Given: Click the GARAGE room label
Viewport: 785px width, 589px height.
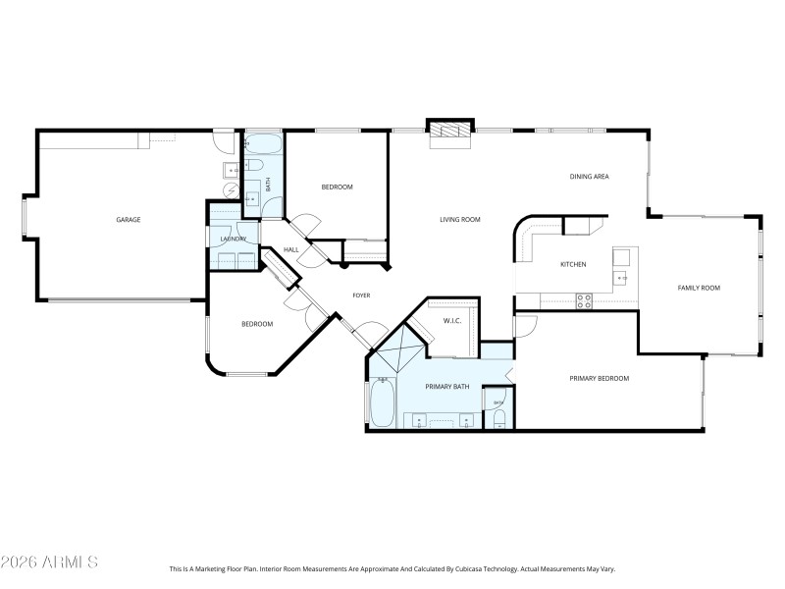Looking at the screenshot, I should [x=128, y=220].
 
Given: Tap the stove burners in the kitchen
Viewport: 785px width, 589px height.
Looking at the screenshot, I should [x=584, y=300].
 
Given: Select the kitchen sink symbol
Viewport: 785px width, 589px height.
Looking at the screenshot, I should [x=621, y=278].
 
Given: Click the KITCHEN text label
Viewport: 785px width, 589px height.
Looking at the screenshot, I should [x=573, y=265].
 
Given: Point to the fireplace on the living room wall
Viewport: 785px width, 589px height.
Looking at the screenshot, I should [x=450, y=133].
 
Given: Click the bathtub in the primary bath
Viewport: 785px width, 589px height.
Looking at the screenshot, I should [x=382, y=402].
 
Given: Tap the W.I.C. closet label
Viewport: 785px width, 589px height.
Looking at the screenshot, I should [x=452, y=320].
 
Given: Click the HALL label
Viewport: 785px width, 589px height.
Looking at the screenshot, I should [x=291, y=250].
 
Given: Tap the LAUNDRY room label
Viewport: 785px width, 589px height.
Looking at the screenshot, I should [x=233, y=239].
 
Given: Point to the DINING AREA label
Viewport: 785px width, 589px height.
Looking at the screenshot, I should [x=590, y=177].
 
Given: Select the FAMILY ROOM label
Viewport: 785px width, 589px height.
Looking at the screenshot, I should [x=699, y=288].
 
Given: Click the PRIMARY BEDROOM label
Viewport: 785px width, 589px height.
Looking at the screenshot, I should [x=600, y=378].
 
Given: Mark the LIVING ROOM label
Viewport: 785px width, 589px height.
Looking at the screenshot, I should [x=459, y=220].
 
